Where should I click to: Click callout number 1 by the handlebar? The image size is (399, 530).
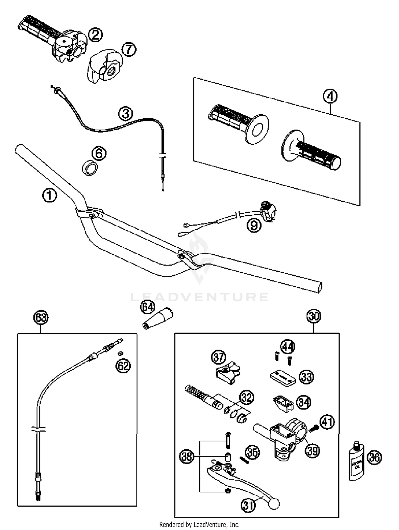49,196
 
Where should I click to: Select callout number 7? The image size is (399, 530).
129,49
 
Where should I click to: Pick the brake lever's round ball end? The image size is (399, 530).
274,504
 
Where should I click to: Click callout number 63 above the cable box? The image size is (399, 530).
41,318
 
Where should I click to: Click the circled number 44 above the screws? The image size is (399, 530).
288,347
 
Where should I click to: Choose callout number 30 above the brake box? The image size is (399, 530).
314,316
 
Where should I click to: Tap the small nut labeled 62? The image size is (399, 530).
120,353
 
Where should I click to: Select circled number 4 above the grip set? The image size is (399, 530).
330,96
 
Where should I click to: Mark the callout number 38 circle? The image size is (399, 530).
187,457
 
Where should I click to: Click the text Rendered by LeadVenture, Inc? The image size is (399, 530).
199,524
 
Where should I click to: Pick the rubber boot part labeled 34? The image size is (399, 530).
283,404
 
